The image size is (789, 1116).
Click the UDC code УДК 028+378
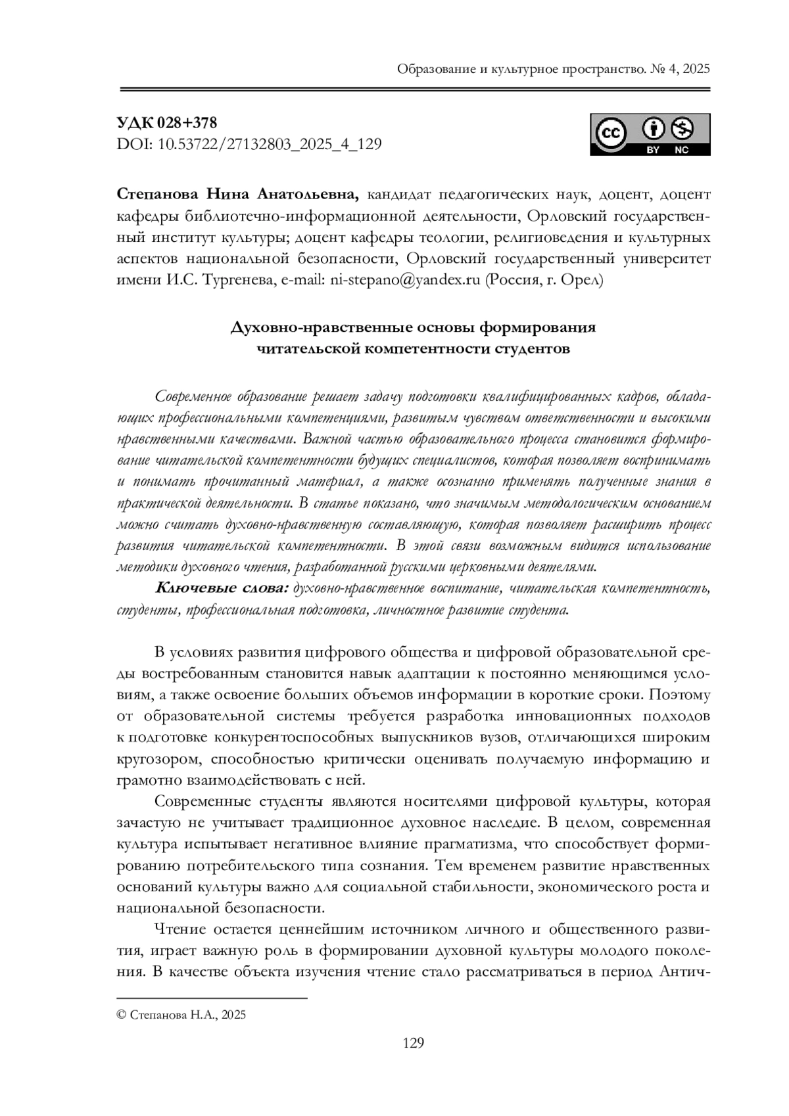click(166, 123)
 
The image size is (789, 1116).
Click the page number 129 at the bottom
click(413, 1042)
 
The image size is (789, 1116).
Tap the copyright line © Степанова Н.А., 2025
click(181, 1015)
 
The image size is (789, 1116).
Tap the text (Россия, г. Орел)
click(544, 279)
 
